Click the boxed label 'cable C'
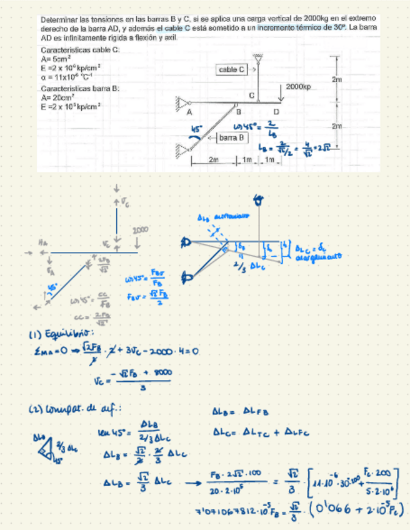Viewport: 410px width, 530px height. click(232, 70)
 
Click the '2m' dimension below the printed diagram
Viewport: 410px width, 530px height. click(213, 160)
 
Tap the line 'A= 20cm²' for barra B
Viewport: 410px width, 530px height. click(57, 97)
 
